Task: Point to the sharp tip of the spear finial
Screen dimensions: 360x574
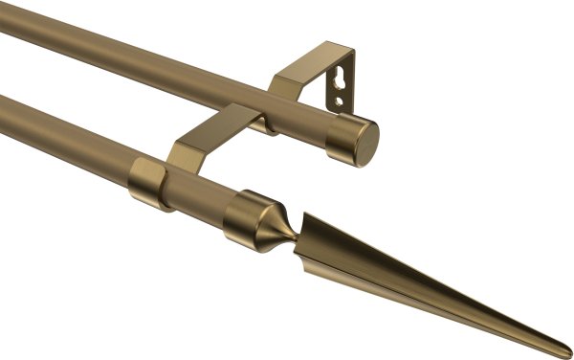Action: coord(565,348)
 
